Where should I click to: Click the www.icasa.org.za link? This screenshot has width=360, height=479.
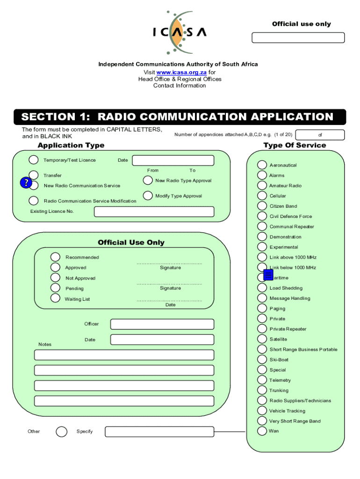tap(181, 73)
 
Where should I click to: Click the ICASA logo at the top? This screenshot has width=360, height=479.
tap(180, 32)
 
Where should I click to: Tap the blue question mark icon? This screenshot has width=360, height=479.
tap(26, 183)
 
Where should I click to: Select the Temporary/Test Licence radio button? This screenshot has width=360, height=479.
tap(34, 160)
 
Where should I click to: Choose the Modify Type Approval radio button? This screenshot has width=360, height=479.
tap(148, 196)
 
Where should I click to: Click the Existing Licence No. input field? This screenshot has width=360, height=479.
tap(154, 212)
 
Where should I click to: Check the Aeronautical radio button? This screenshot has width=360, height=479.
tap(262, 165)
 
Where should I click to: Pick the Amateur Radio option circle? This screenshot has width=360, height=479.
tap(262, 185)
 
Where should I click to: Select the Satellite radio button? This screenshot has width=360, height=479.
tap(262, 339)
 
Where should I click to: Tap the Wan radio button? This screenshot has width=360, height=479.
tap(262, 431)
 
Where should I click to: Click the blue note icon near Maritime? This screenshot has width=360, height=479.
tap(268, 275)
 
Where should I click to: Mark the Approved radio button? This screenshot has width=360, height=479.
tap(55, 267)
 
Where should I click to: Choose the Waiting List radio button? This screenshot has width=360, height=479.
tap(55, 298)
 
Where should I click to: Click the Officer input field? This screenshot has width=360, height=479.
tap(162, 324)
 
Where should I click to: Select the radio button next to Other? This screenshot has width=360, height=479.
tap(61, 431)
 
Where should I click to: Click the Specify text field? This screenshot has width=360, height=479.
tap(159, 432)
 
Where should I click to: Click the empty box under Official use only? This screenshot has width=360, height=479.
tap(298, 37)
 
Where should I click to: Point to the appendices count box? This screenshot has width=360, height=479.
tap(320, 135)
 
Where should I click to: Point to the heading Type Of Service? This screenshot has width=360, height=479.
tap(295, 145)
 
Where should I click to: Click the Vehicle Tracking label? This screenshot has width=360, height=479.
tap(287, 411)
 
